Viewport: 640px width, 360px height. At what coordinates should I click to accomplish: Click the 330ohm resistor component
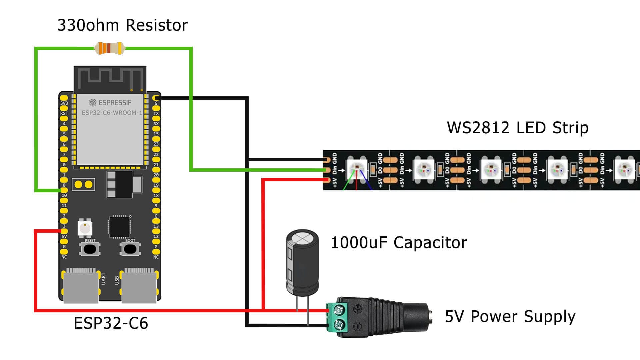click(x=110, y=48)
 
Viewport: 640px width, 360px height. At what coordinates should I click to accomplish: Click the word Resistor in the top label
click(x=157, y=25)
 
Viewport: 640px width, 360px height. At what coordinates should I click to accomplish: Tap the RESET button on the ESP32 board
click(x=90, y=249)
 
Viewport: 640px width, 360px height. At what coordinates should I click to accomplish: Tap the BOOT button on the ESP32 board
click(x=130, y=249)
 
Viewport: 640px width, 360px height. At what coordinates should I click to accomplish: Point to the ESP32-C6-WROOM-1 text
click(x=112, y=113)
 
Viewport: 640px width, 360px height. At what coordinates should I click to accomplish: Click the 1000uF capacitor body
click(x=302, y=263)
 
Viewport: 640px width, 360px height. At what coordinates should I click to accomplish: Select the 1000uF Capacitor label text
click(x=399, y=243)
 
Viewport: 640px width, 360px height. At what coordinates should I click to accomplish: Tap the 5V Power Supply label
click(x=510, y=317)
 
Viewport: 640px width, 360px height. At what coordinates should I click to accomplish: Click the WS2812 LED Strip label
click(x=517, y=128)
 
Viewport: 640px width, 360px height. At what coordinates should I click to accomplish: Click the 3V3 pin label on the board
click(x=64, y=103)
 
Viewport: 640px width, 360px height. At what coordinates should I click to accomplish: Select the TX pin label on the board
click(x=156, y=113)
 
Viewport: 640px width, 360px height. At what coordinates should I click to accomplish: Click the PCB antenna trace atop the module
click(x=110, y=78)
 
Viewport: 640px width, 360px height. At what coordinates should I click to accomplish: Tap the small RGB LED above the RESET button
click(x=85, y=228)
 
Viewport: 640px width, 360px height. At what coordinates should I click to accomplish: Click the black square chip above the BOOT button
click(x=119, y=227)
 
